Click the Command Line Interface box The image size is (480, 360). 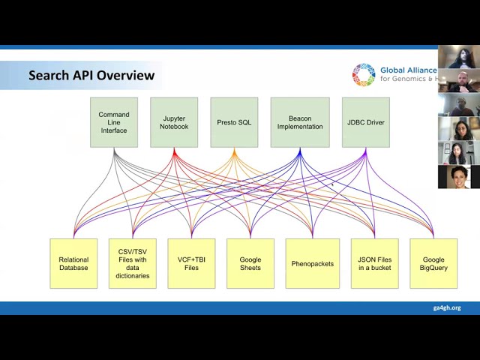click(x=114, y=122)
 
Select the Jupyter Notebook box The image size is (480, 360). click(x=174, y=122)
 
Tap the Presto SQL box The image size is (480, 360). click(x=234, y=122)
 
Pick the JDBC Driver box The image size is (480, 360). click(x=365, y=122)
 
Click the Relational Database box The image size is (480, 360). click(x=73, y=263)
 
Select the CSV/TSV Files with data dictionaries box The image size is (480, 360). click(x=133, y=263)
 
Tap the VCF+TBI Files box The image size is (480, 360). click(x=191, y=263)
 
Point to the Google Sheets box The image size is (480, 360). click(x=250, y=263)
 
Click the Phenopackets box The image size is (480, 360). click(x=312, y=263)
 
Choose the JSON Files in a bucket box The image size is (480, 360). click(x=374, y=263)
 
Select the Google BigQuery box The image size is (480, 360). click(x=433, y=263)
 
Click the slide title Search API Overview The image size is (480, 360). click(x=91, y=75)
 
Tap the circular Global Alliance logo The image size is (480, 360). click(x=364, y=75)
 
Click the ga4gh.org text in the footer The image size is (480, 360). click(x=446, y=307)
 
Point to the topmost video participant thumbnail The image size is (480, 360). click(x=458, y=57)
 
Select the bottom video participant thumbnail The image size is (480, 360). click(x=458, y=177)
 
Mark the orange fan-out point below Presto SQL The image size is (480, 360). click(x=234, y=153)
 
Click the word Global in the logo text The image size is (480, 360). click(x=393, y=70)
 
